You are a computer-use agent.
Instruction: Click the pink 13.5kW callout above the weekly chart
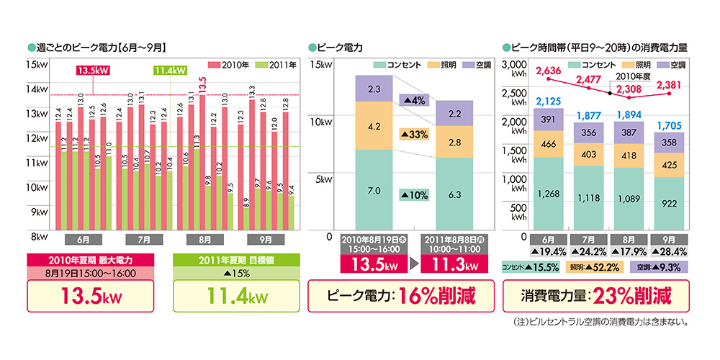[x=95, y=71]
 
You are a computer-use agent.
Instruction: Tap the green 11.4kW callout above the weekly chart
[x=171, y=71]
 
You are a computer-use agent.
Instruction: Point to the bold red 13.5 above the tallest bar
[x=202, y=84]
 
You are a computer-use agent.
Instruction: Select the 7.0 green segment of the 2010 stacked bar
[x=374, y=192]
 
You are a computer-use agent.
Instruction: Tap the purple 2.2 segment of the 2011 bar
[x=455, y=114]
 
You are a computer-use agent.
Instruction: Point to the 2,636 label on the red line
[x=548, y=71]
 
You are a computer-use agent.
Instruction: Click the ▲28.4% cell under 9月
[x=670, y=251]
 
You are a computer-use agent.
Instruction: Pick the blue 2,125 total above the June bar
[x=549, y=102]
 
